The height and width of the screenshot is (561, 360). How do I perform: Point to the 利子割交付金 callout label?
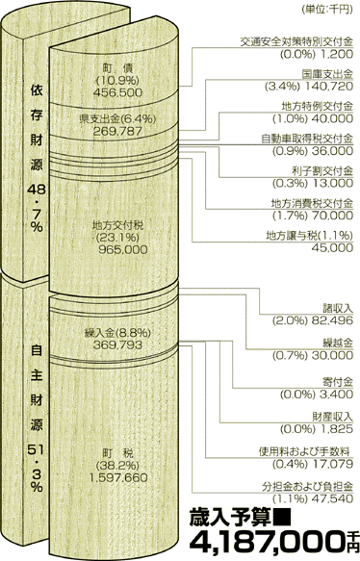click(x=323, y=169)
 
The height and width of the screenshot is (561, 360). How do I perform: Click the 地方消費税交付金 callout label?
click(x=312, y=203)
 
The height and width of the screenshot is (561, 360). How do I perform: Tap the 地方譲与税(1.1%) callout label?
click(x=307, y=234)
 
